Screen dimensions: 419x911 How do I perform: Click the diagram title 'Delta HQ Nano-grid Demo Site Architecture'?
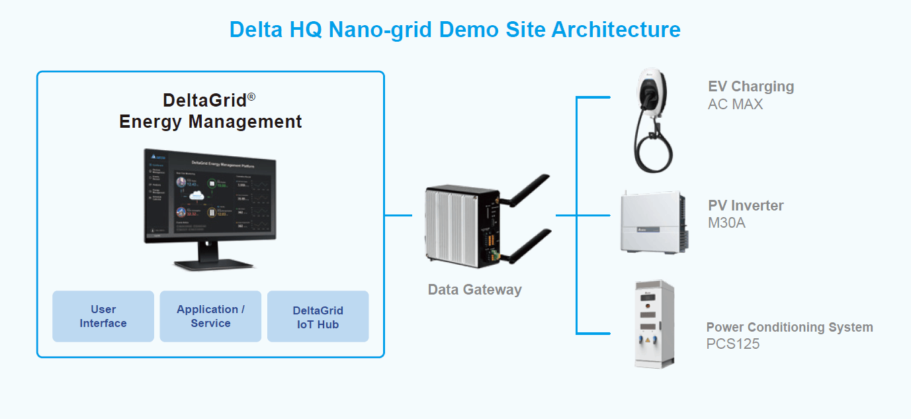click(455, 30)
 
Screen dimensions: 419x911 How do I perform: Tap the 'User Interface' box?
click(103, 316)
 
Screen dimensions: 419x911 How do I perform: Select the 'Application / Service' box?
click(210, 316)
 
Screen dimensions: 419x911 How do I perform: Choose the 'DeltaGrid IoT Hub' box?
click(318, 317)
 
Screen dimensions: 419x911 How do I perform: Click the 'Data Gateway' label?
click(474, 289)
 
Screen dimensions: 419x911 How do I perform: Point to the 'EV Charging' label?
click(751, 87)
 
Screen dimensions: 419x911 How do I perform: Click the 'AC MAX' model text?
click(735, 104)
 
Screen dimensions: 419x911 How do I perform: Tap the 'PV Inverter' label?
click(746, 205)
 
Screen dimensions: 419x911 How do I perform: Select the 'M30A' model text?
click(726, 222)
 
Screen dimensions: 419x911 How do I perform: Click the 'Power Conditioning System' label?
click(789, 327)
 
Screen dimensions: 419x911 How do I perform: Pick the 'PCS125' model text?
click(733, 344)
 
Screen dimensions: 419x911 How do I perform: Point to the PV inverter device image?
click(651, 222)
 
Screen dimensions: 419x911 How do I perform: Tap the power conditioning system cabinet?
click(654, 324)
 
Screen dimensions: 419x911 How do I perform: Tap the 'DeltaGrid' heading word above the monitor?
click(204, 101)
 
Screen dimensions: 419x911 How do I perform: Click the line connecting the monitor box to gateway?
click(398, 215)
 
